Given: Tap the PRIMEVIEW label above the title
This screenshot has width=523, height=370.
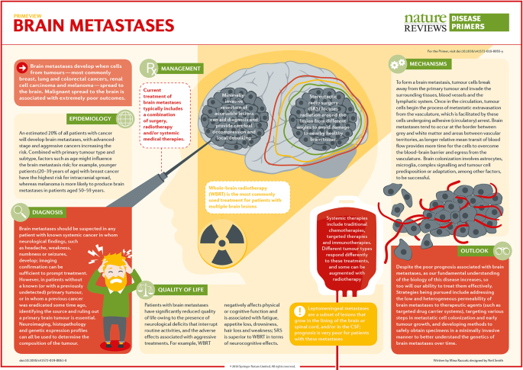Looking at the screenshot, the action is point(30,12).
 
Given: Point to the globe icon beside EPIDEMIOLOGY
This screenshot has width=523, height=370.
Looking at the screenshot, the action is point(124,120).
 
